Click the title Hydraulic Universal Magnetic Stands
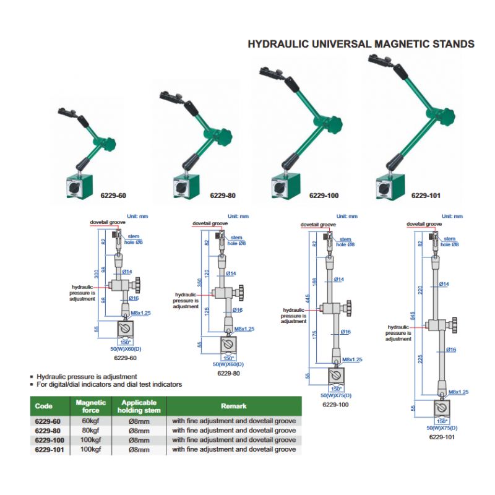[x=361, y=44]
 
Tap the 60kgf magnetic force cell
[x=91, y=421]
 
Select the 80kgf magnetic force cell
[x=91, y=431]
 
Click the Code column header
[x=43, y=406]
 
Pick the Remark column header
[x=234, y=406]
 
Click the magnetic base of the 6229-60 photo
[x=80, y=186]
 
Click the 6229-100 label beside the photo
[x=324, y=196]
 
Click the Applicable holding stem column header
[x=139, y=406]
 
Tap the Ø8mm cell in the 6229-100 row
[x=139, y=440]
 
